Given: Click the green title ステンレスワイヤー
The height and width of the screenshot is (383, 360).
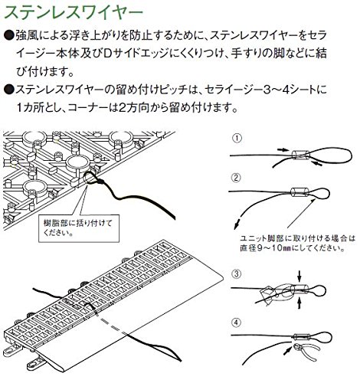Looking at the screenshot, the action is click(x=74, y=13).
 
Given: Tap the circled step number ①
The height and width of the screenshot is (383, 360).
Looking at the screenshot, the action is click(x=237, y=139).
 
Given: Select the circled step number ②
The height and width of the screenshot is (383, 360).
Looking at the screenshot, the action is click(x=236, y=178).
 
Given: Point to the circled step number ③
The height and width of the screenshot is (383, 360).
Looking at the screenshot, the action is click(x=236, y=274).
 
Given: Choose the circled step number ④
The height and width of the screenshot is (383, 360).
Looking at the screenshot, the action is click(x=236, y=322).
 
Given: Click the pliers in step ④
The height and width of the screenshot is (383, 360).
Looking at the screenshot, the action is click(x=306, y=351).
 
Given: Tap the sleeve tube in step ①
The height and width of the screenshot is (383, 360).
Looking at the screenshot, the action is click(x=301, y=155).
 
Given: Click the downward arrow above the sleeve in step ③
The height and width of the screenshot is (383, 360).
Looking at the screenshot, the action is click(x=299, y=276).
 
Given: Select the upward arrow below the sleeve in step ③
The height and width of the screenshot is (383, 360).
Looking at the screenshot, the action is click(x=299, y=303).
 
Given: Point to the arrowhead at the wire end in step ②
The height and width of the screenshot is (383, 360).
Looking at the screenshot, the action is click(x=237, y=225).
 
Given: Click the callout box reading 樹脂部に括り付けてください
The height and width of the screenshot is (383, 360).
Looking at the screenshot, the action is click(x=79, y=228).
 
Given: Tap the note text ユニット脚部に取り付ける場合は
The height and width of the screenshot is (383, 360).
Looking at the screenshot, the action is click(x=298, y=238).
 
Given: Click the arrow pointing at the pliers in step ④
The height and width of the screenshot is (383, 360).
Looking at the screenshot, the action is click(x=288, y=352).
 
